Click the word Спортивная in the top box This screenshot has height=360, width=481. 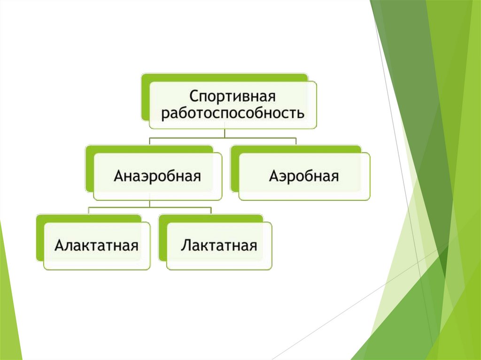232,97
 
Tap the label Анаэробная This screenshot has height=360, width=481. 158,176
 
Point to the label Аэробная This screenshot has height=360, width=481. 304,176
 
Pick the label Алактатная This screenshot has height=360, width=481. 96,245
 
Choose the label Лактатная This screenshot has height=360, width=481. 219,245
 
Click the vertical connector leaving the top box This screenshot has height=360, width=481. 225,133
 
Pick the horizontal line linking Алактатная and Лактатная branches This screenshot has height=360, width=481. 150,207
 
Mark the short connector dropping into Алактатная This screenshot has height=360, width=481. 89,211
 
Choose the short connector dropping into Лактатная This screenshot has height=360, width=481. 211,211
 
